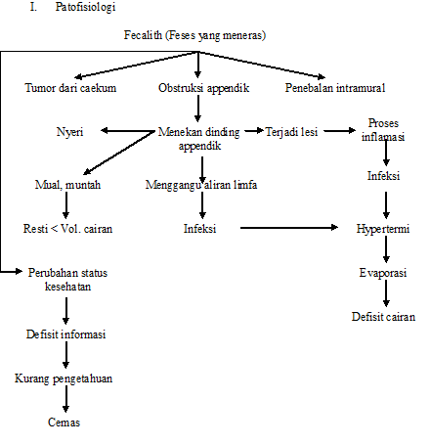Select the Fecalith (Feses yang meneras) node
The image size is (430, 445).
[x=195, y=35]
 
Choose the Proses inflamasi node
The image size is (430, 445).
[x=383, y=130]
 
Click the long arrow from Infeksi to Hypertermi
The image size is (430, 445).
[x=293, y=229]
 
